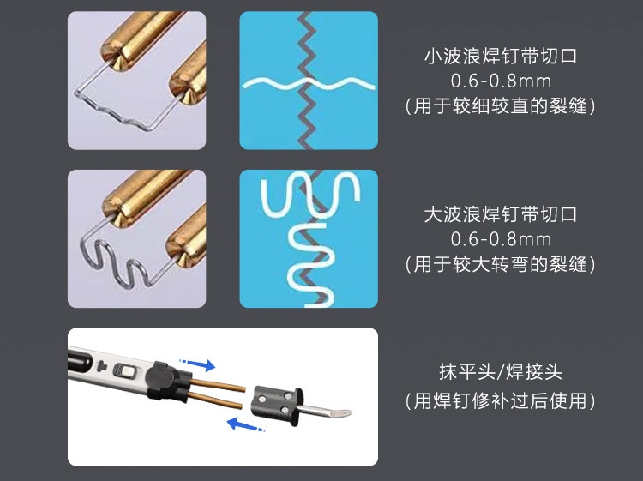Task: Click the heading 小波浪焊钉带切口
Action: (501, 57)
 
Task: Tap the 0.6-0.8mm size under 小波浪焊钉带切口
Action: (501, 82)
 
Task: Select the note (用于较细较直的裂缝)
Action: (501, 107)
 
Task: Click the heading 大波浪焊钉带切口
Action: (501, 214)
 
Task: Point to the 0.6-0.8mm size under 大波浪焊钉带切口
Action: (501, 239)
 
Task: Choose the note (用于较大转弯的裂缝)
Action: (501, 264)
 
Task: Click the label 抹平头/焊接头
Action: (501, 373)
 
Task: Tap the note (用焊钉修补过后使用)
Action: (501, 400)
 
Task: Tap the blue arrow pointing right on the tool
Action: (196, 365)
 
